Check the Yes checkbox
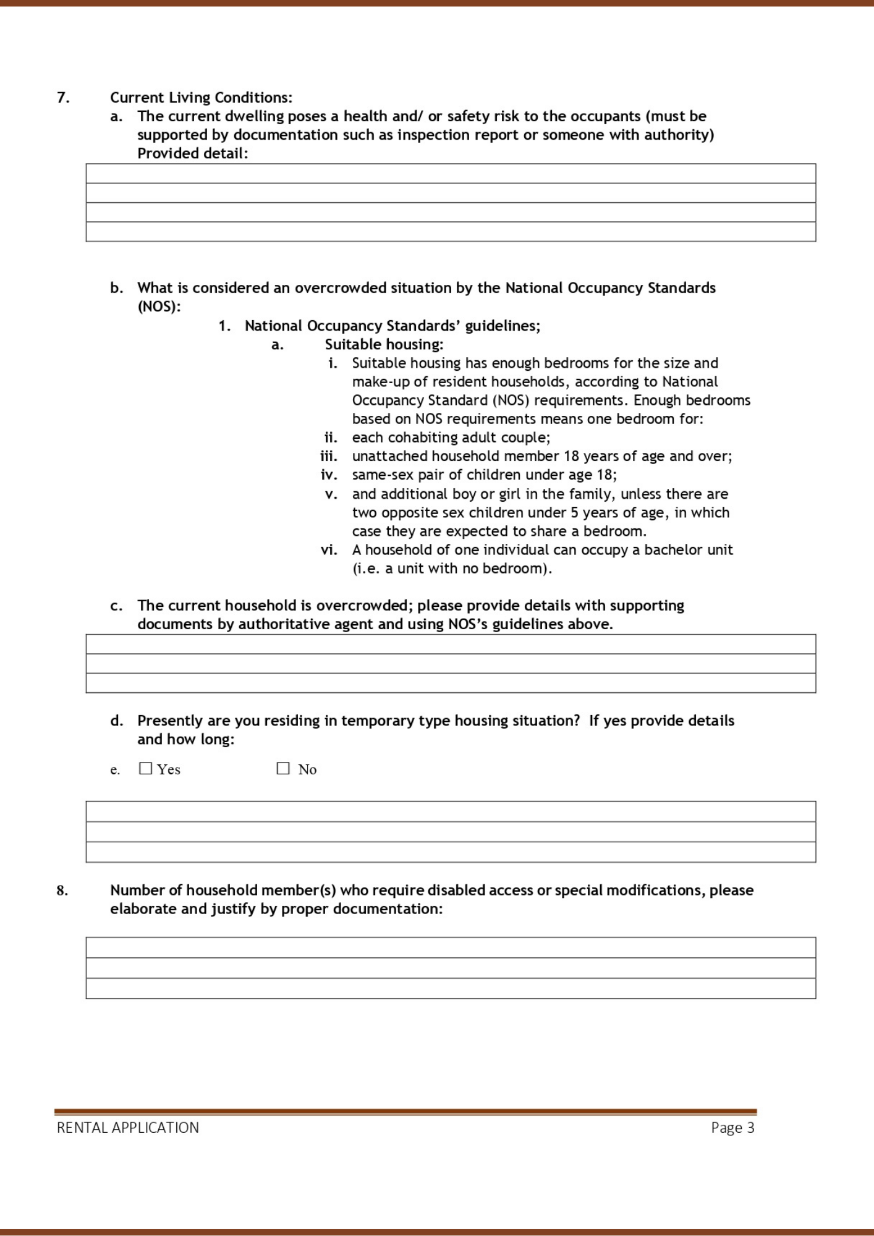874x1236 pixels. (x=146, y=768)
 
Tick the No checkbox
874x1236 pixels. (x=283, y=768)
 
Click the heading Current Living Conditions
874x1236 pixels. (x=201, y=98)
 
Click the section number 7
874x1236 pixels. (x=63, y=98)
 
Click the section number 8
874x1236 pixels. (x=62, y=891)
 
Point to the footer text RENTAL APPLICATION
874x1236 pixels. (x=128, y=1128)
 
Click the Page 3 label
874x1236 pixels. (x=732, y=1128)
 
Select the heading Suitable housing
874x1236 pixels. (x=384, y=344)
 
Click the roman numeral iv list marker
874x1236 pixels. (x=329, y=475)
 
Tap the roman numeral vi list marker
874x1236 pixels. (x=329, y=549)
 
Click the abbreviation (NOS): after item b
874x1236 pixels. (x=159, y=307)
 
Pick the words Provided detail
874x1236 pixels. (x=192, y=153)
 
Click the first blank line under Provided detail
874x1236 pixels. (x=451, y=174)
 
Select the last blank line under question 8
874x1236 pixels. (x=451, y=988)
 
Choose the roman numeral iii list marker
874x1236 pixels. (x=329, y=456)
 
